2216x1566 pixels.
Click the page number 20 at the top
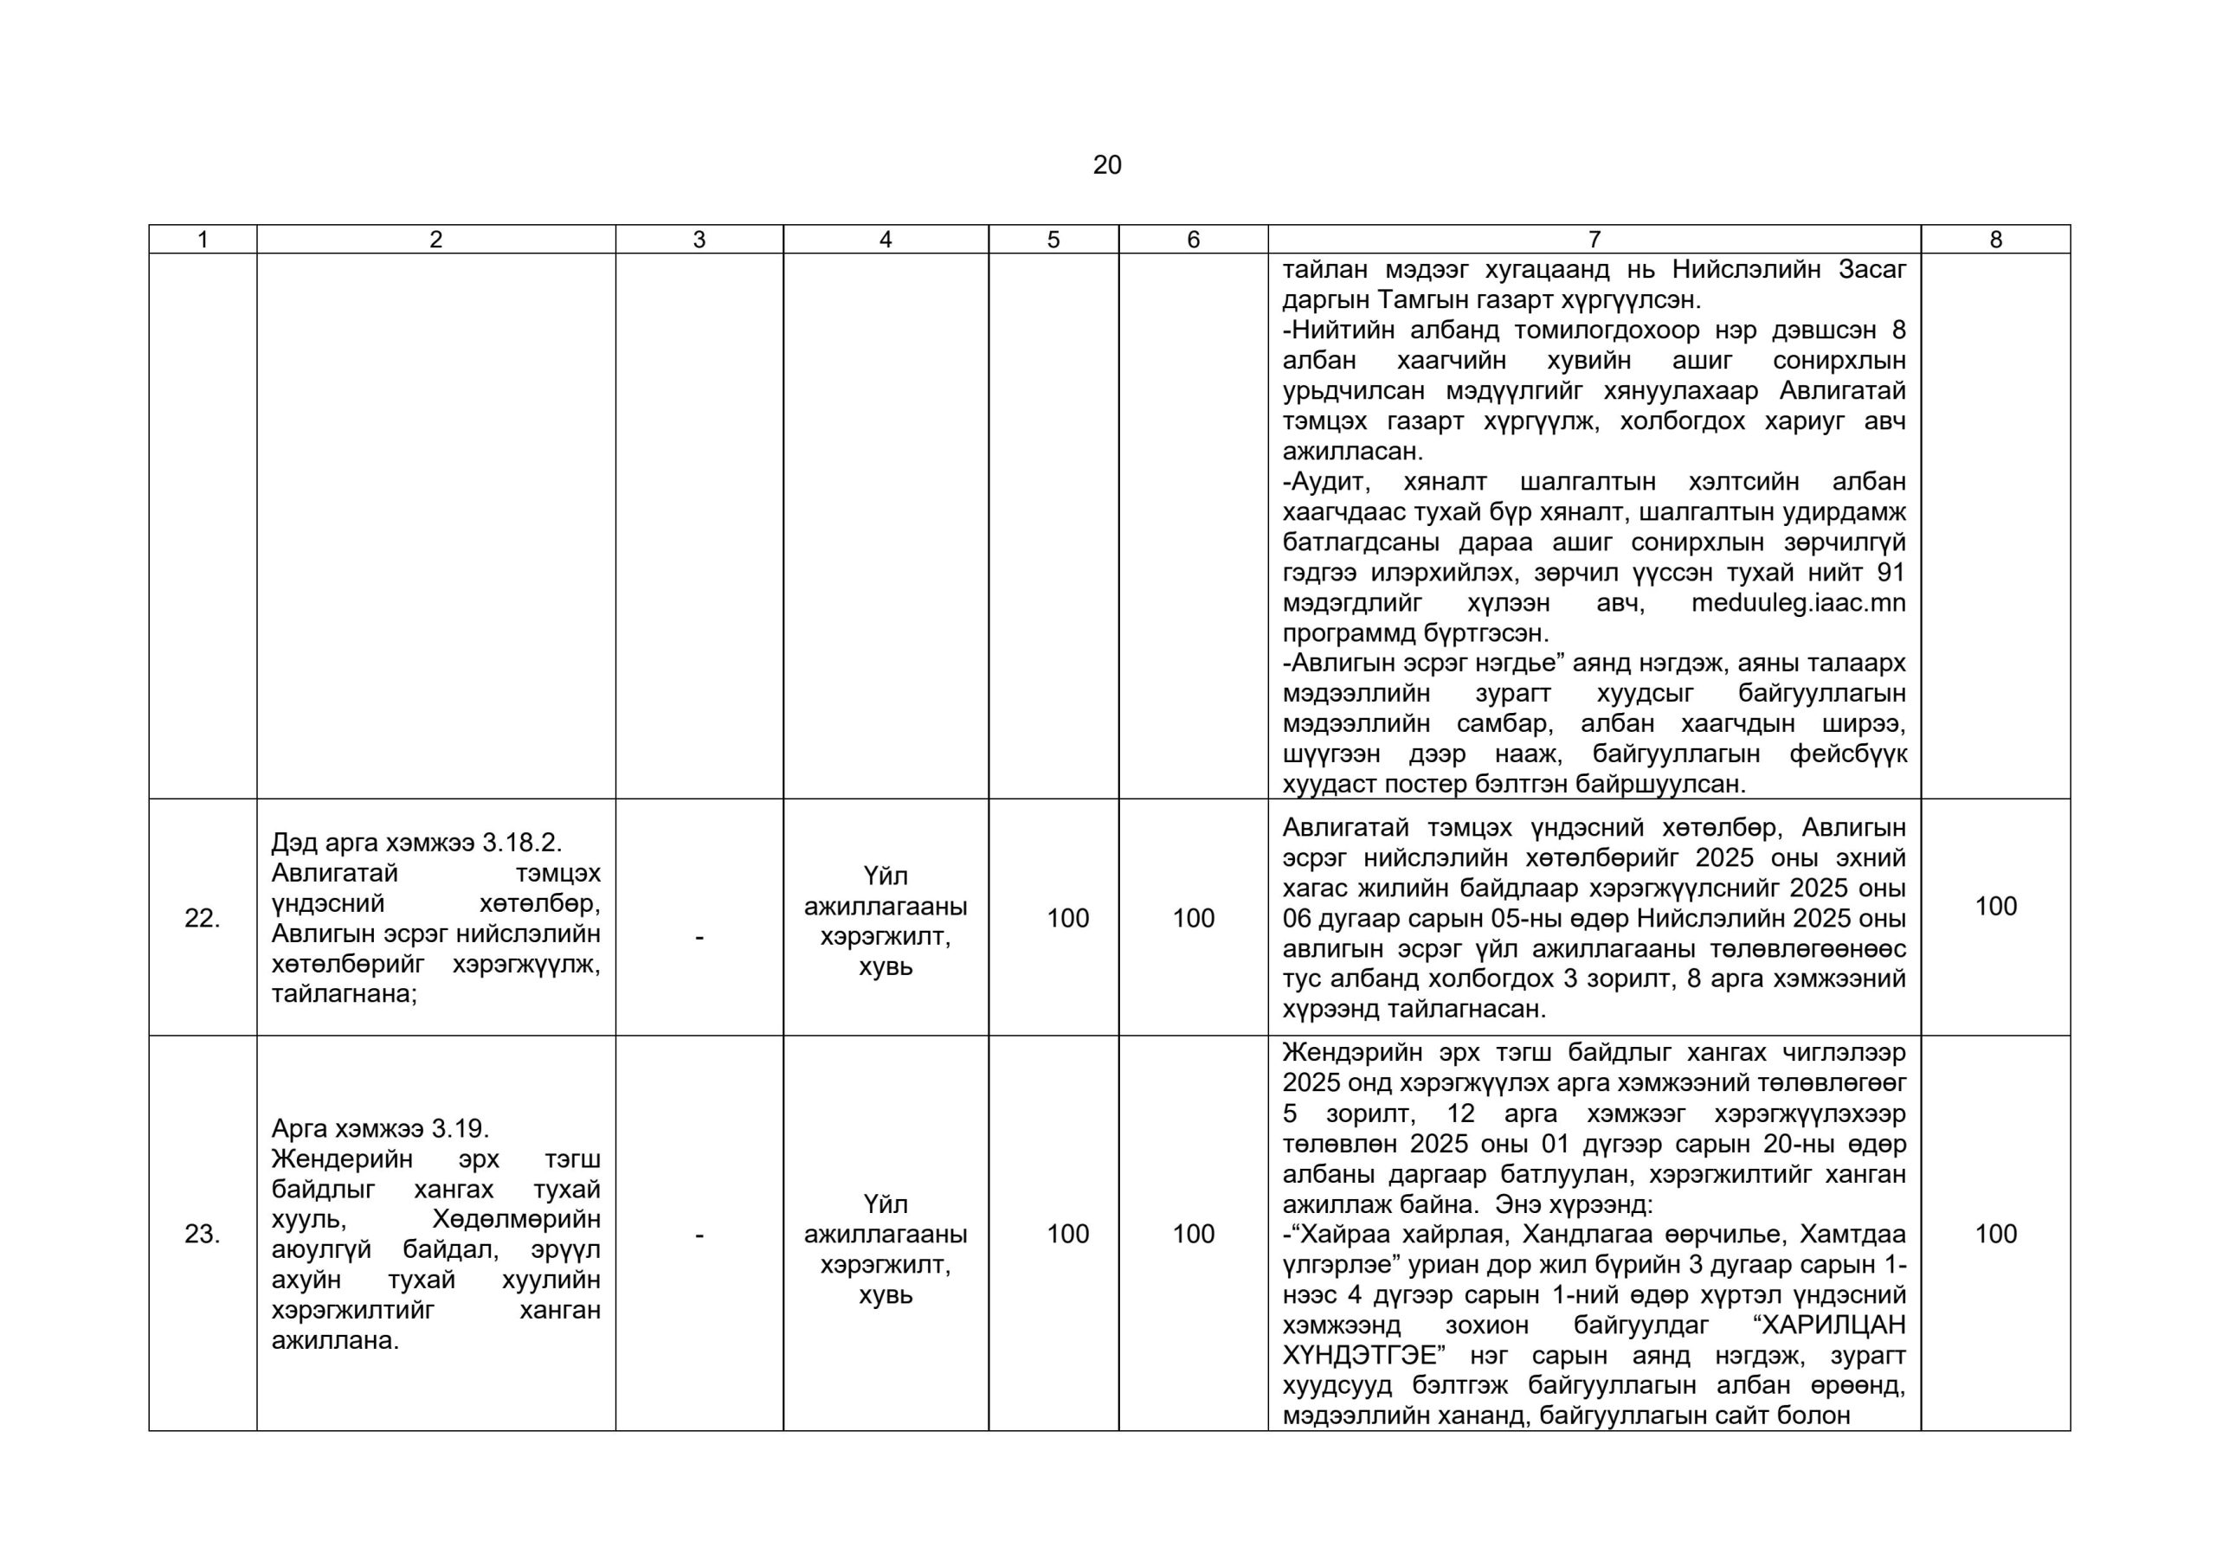point(1107,165)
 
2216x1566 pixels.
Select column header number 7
point(1594,240)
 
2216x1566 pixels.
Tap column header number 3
point(699,240)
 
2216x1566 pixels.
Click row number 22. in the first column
point(202,919)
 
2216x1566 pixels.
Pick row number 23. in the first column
point(202,1234)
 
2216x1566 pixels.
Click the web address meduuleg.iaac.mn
point(1798,603)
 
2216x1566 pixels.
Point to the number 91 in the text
point(1890,573)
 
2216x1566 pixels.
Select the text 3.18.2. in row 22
point(521,843)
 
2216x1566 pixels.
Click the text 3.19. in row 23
point(461,1129)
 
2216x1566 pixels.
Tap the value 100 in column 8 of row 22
point(1995,906)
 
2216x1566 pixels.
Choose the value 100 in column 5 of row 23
point(1067,1234)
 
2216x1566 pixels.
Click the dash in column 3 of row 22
point(699,937)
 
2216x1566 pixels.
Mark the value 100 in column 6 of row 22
point(1193,919)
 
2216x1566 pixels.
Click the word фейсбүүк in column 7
point(1848,754)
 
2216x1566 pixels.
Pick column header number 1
point(202,240)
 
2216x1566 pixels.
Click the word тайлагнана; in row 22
point(344,994)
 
